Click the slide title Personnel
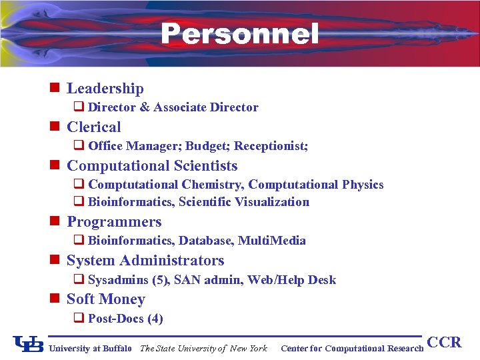[x=240, y=34]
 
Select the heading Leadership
[x=105, y=89]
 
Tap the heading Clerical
[x=94, y=127]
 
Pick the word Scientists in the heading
[x=206, y=166]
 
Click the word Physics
[x=363, y=185]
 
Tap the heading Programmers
[x=114, y=222]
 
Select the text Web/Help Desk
[x=292, y=280]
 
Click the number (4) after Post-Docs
[x=155, y=319]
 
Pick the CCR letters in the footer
[x=444, y=343]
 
